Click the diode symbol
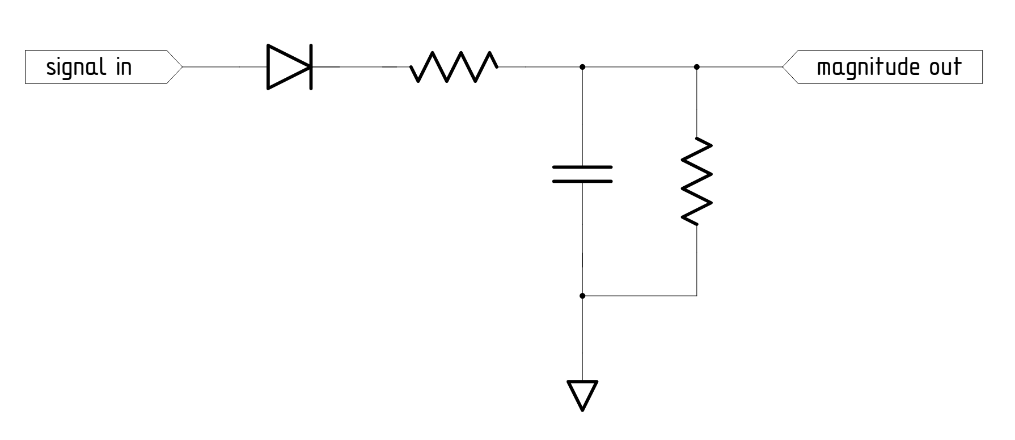pyautogui.click(x=289, y=67)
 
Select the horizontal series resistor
pyautogui.click(x=454, y=66)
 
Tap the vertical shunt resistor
pyautogui.click(x=696, y=181)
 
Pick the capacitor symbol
pyautogui.click(x=582, y=174)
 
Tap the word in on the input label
pyautogui.click(x=122, y=68)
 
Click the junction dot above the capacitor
pyautogui.click(x=582, y=67)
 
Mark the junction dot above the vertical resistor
pyautogui.click(x=696, y=67)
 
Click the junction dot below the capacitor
pyautogui.click(x=582, y=296)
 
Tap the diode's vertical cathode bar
pyautogui.click(x=311, y=67)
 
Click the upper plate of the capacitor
pyautogui.click(x=582, y=167)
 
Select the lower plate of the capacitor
pyautogui.click(x=582, y=182)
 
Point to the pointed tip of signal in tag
pyautogui.click(x=182, y=67)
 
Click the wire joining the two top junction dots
pyautogui.click(x=639, y=67)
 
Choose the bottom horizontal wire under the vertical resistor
pyautogui.click(x=639, y=296)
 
